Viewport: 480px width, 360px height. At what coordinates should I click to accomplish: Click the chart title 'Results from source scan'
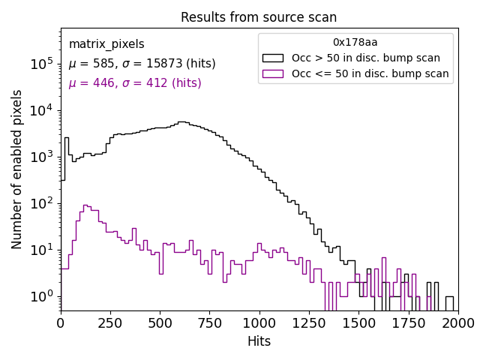(x=259, y=17)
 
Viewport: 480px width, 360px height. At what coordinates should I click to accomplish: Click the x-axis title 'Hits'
(x=259, y=341)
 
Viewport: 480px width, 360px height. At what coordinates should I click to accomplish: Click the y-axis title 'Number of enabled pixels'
(x=17, y=169)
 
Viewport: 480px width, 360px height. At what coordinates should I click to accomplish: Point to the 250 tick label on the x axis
(x=160, y=322)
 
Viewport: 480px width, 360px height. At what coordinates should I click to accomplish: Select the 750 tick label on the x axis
(x=259, y=322)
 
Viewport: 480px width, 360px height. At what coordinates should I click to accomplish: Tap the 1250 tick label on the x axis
(x=358, y=322)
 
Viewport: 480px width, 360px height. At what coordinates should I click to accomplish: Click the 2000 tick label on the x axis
(x=457, y=322)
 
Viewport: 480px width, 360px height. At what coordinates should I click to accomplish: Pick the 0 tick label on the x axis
(x=61, y=322)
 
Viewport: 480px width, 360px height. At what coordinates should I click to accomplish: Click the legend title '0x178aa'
(x=355, y=43)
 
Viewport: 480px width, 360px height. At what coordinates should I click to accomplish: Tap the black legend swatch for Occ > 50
(x=274, y=58)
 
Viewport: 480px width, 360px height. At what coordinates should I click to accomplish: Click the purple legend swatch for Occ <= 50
(x=274, y=73)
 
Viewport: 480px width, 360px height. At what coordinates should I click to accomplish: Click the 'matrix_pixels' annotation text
(x=106, y=44)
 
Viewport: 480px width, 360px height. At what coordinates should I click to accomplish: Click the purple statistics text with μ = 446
(x=135, y=83)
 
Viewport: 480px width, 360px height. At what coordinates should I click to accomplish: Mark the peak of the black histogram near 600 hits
(x=181, y=121)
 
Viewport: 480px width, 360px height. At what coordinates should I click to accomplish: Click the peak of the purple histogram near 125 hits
(x=86, y=205)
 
